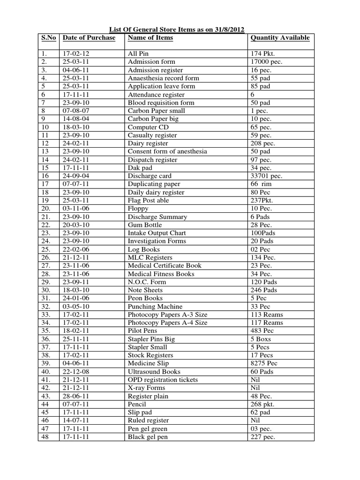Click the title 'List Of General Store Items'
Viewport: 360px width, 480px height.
pos(176,29)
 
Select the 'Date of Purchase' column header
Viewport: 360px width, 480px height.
pos(89,38)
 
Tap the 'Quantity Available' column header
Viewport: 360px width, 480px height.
pos(280,38)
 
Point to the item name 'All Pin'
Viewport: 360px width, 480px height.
pos(138,54)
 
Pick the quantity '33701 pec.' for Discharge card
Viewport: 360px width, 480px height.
pos(267,176)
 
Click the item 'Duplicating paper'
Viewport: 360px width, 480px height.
pos(154,184)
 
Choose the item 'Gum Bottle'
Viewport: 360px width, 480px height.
pos(144,225)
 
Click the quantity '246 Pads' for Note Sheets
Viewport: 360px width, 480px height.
pos(264,290)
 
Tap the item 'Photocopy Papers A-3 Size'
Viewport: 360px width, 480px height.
pos(167,315)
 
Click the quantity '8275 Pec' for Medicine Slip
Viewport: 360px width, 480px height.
pos(264,363)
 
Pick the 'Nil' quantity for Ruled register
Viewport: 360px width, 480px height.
pos(256,420)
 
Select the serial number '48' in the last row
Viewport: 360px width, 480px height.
pos(45,437)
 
